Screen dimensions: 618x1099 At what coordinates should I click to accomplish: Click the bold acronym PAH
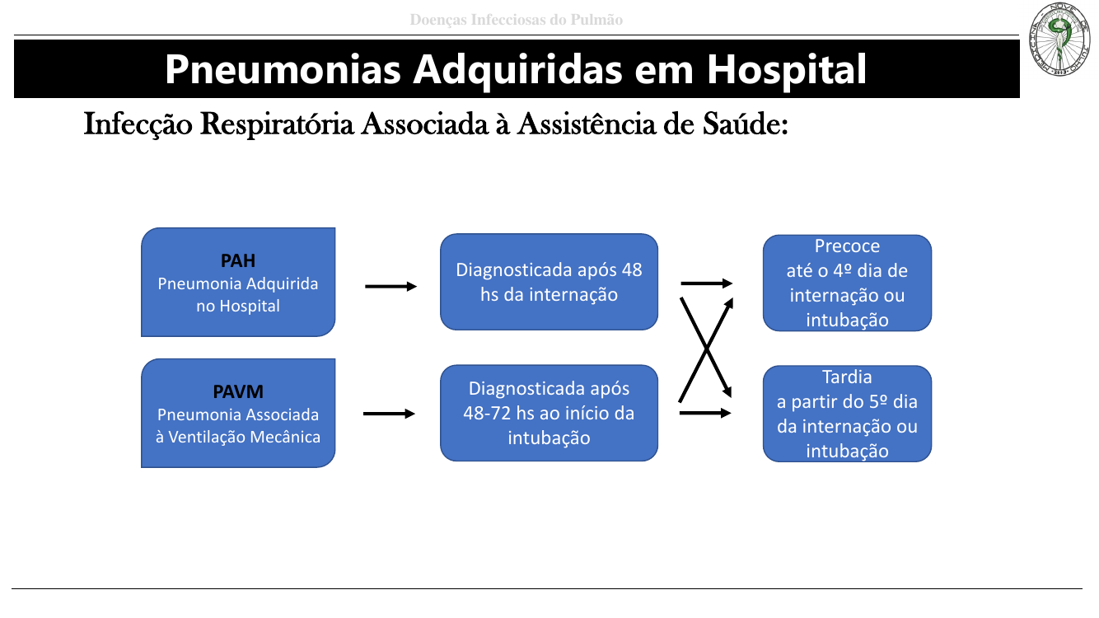(238, 261)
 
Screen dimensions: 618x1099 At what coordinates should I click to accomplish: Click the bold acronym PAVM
(238, 392)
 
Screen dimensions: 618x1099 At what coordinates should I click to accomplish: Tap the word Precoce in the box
(847, 246)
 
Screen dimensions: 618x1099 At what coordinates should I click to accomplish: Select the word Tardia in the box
(847, 377)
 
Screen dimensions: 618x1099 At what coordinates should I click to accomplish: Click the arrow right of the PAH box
(390, 287)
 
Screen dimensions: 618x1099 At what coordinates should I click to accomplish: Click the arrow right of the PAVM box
(389, 414)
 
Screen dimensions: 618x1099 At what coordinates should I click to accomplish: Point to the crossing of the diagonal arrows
(707, 349)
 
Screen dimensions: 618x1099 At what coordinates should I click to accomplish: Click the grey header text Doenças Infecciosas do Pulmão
(517, 20)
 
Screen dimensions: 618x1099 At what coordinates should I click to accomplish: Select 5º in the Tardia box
(861, 402)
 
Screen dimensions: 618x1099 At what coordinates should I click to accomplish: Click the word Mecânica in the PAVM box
(286, 437)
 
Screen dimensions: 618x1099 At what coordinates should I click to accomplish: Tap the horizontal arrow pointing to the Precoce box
(707, 283)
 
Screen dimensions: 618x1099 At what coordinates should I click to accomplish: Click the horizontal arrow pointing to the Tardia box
(706, 413)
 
